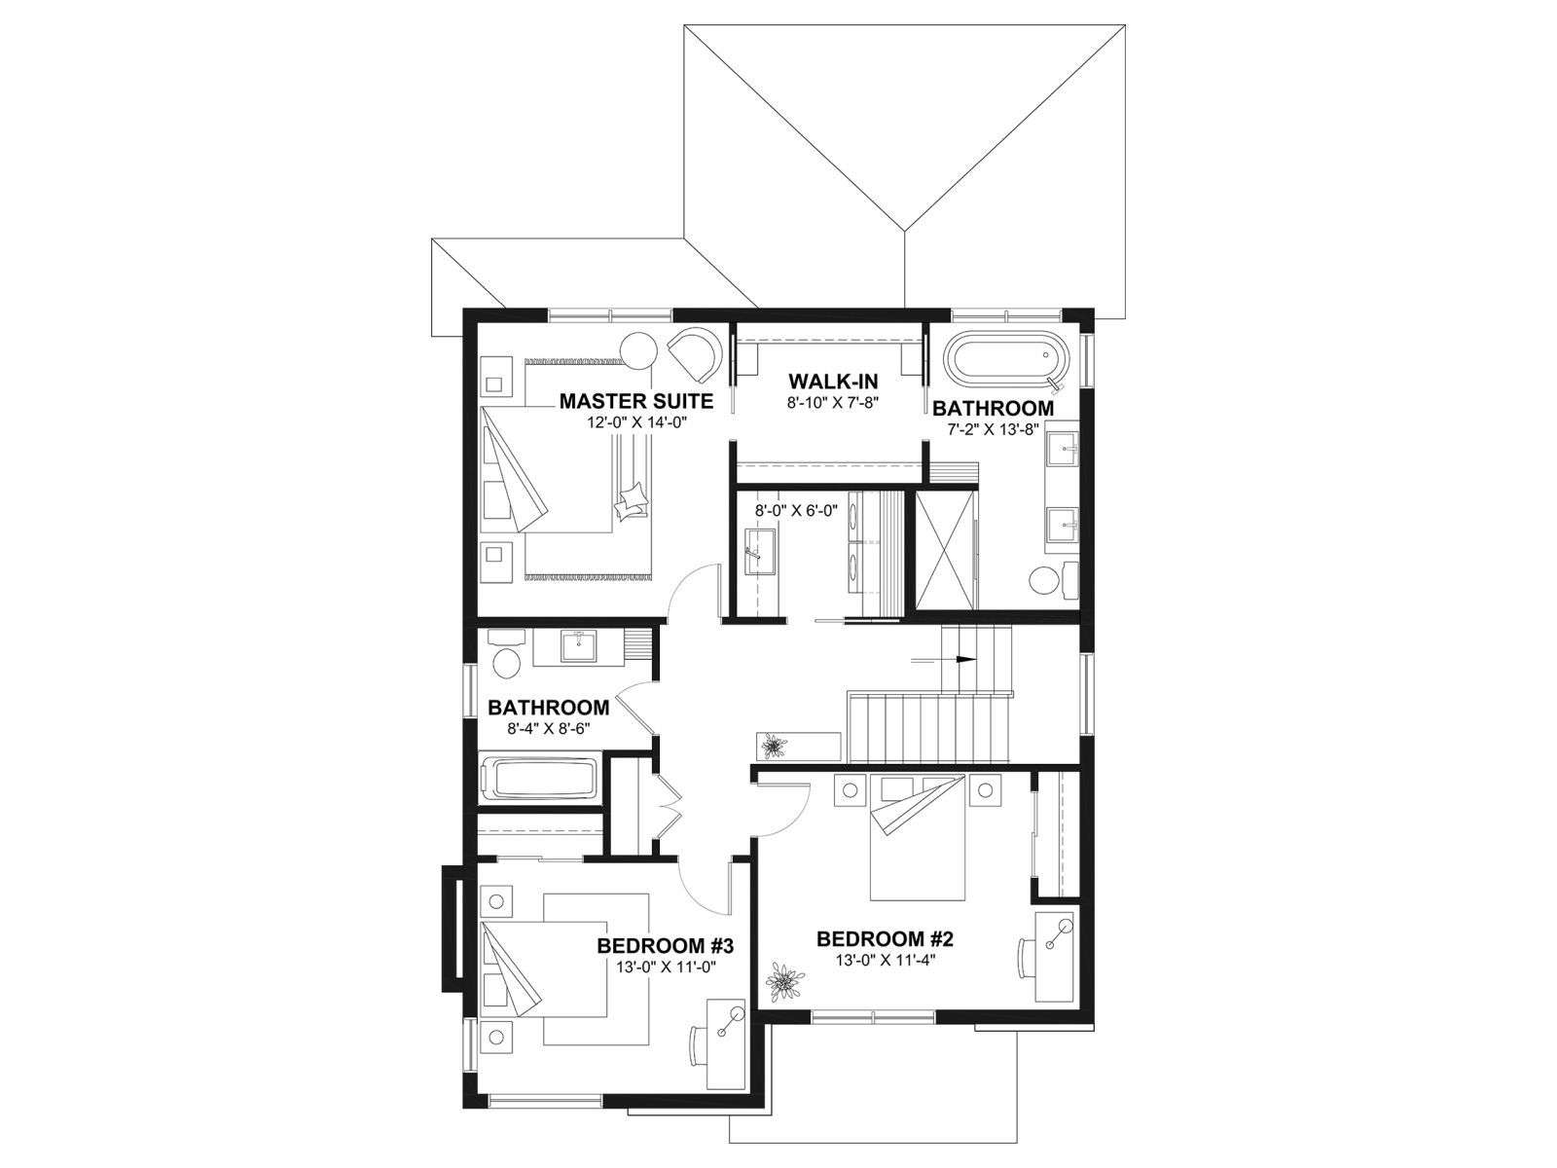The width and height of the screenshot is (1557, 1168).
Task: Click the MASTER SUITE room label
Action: point(635,401)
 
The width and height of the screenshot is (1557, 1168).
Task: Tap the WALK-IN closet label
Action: point(833,382)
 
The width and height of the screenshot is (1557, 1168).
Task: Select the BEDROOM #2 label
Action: point(885,939)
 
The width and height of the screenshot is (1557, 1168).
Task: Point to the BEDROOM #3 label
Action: point(665,946)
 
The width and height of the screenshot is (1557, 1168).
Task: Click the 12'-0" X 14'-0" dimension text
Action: point(637,422)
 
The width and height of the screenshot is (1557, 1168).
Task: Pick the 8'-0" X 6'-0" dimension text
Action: point(796,510)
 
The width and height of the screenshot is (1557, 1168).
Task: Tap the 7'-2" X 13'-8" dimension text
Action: point(993,429)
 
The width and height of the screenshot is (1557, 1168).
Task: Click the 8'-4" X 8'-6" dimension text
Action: point(549,728)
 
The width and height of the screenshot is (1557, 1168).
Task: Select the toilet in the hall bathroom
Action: point(506,653)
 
